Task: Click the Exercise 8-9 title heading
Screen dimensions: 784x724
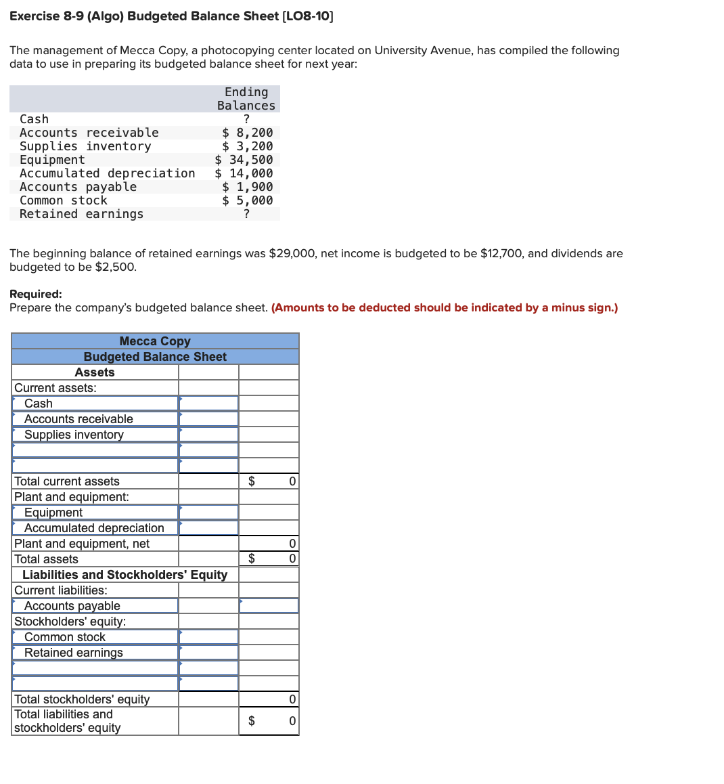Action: pyautogui.click(x=171, y=16)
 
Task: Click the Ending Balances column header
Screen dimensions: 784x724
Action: pyautogui.click(x=246, y=99)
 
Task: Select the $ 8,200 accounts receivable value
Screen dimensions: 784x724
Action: pyautogui.click(x=248, y=133)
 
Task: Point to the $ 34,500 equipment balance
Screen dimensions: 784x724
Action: pyautogui.click(x=244, y=160)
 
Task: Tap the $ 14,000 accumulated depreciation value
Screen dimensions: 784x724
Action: pyautogui.click(x=244, y=173)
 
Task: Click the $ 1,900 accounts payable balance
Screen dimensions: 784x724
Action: pyautogui.click(x=248, y=187)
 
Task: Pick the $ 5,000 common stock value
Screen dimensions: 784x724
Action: pyautogui.click(x=248, y=200)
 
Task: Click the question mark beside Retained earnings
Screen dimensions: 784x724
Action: pyautogui.click(x=246, y=214)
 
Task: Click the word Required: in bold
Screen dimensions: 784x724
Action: pyautogui.click(x=36, y=294)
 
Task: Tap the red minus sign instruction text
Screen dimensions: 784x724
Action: pyautogui.click(x=445, y=307)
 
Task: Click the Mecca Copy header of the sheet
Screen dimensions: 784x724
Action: pyautogui.click(x=155, y=341)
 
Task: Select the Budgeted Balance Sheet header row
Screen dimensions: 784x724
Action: pyautogui.click(x=155, y=357)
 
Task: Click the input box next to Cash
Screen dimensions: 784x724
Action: pyautogui.click(x=208, y=404)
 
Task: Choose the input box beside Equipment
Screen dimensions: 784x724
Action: pyautogui.click(x=208, y=513)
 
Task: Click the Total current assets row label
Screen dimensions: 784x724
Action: pyautogui.click(x=67, y=481)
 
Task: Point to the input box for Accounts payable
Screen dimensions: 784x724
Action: pyautogui.click(x=269, y=606)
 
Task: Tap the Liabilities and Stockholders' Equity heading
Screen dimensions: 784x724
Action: pyautogui.click(x=125, y=575)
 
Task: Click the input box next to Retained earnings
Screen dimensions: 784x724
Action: pyautogui.click(x=208, y=653)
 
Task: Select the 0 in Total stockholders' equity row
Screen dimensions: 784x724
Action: pyautogui.click(x=292, y=699)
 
